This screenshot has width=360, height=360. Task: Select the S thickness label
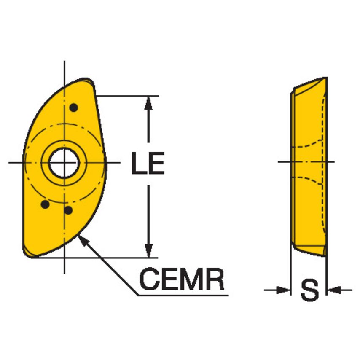click(309, 290)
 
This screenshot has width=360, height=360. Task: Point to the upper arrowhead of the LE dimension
click(148, 104)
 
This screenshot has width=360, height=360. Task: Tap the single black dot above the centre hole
click(74, 107)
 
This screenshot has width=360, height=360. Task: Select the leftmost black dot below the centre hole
click(44, 204)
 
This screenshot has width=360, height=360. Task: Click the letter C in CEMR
click(150, 279)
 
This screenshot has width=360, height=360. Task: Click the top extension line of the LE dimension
click(126, 96)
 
